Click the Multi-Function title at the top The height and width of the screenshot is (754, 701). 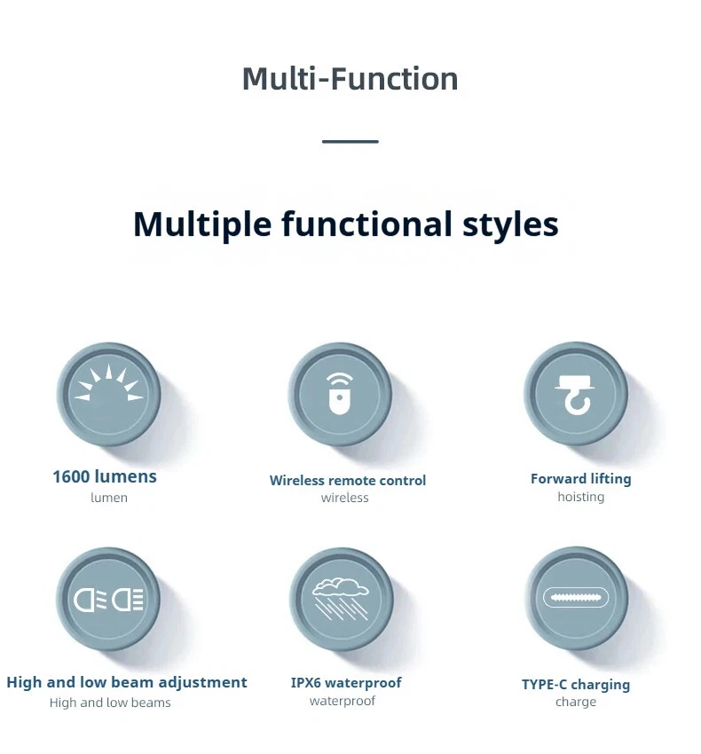(x=350, y=78)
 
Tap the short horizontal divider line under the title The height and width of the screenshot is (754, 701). (x=350, y=141)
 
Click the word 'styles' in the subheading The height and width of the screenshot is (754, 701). (x=510, y=224)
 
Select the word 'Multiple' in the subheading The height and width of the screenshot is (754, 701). (x=202, y=224)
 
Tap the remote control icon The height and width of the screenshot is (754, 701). (x=340, y=394)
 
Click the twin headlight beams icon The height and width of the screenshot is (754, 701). (x=109, y=600)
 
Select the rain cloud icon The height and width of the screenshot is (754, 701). (x=341, y=599)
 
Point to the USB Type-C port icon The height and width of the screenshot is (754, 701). (x=575, y=598)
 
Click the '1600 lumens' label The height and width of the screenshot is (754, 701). (x=105, y=476)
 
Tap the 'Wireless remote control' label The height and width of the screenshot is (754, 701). (x=347, y=480)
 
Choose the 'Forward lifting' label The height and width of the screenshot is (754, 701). (x=580, y=479)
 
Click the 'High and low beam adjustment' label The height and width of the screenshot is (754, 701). (x=127, y=682)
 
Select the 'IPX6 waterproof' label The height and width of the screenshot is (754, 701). (x=346, y=682)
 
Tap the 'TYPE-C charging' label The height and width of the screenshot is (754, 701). (x=575, y=684)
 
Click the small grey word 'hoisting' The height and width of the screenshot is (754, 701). (x=580, y=496)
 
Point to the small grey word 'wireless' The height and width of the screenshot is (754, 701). (x=344, y=498)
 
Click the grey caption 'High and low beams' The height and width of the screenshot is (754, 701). (x=110, y=703)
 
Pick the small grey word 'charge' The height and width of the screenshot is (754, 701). (x=575, y=702)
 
